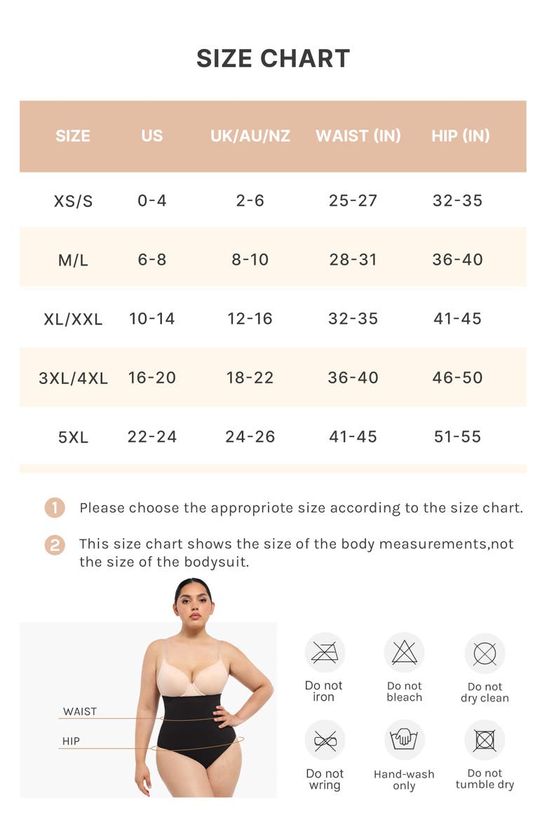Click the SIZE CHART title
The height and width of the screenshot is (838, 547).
[x=273, y=58]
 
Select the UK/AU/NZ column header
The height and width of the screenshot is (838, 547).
[x=250, y=136]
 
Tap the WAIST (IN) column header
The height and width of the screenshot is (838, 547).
[x=358, y=136]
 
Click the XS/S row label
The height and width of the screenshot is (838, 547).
[x=73, y=201]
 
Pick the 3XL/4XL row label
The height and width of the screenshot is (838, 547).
[x=73, y=378]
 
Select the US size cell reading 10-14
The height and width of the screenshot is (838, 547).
[x=152, y=319]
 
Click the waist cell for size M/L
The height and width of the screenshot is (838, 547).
[x=353, y=260]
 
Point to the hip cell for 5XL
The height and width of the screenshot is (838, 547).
[x=457, y=437]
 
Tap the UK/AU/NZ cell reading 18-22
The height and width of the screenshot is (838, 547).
[x=250, y=378]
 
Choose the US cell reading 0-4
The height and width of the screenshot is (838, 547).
[x=152, y=201]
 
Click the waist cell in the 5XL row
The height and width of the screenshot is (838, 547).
[x=353, y=437]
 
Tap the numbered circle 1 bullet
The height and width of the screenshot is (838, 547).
[x=55, y=508]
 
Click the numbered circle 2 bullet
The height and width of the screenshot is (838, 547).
[x=55, y=545]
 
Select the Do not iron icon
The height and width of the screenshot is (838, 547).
[x=325, y=653]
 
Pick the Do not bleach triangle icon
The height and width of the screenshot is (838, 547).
[x=405, y=653]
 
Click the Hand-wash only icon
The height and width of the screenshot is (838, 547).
[x=405, y=740]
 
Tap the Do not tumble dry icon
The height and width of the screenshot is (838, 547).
[x=485, y=740]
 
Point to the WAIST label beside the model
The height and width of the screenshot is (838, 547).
[x=80, y=711]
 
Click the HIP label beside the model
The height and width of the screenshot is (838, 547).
[x=71, y=741]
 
